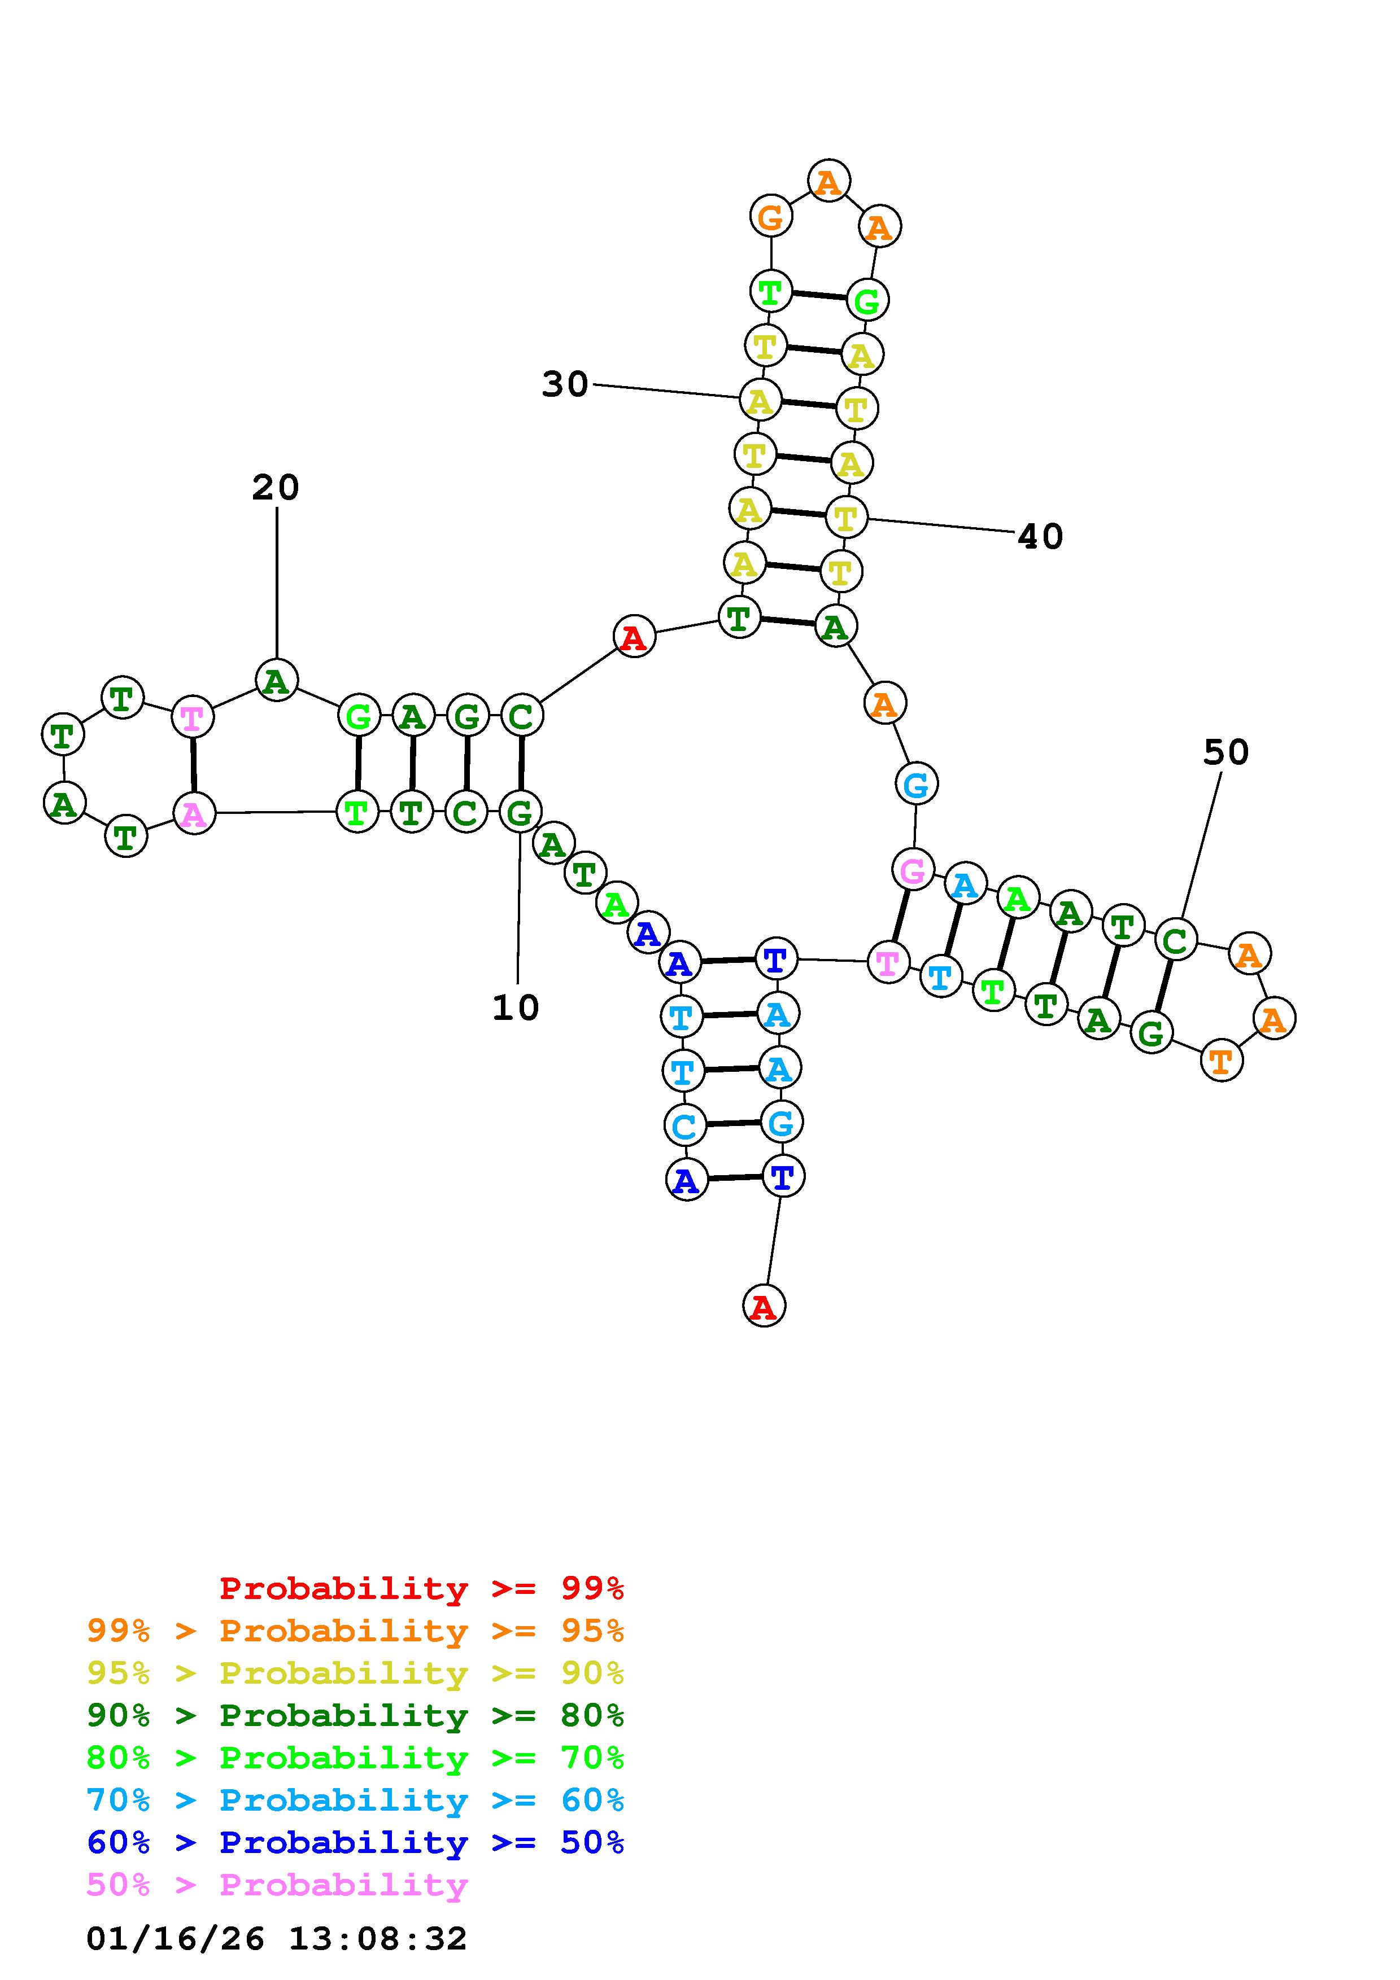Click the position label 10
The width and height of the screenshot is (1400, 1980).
pos(516,1007)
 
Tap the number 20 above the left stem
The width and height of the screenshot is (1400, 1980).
pos(276,488)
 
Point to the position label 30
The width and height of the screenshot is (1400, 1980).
pos(565,384)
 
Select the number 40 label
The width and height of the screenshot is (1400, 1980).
pos(1040,537)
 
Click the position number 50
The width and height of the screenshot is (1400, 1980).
pos(1225,753)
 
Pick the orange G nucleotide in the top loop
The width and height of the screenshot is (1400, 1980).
pos(770,216)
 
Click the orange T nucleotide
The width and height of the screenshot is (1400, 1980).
pos(1222,1060)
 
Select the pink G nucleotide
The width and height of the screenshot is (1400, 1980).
pos(913,870)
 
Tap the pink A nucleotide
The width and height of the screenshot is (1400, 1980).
pos(194,813)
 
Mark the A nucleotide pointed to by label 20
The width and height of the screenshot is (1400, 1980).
pos(276,681)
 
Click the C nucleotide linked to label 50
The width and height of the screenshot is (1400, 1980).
pos(1175,940)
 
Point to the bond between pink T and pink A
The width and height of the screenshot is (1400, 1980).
pos(193,765)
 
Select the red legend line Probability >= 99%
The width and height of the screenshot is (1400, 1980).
pos(422,1588)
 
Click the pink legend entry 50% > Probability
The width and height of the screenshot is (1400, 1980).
pos(277,1885)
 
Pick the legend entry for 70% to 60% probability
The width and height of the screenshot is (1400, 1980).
pos(355,1801)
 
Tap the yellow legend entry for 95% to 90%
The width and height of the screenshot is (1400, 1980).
pos(355,1673)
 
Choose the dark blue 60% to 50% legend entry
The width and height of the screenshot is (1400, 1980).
pos(355,1843)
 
